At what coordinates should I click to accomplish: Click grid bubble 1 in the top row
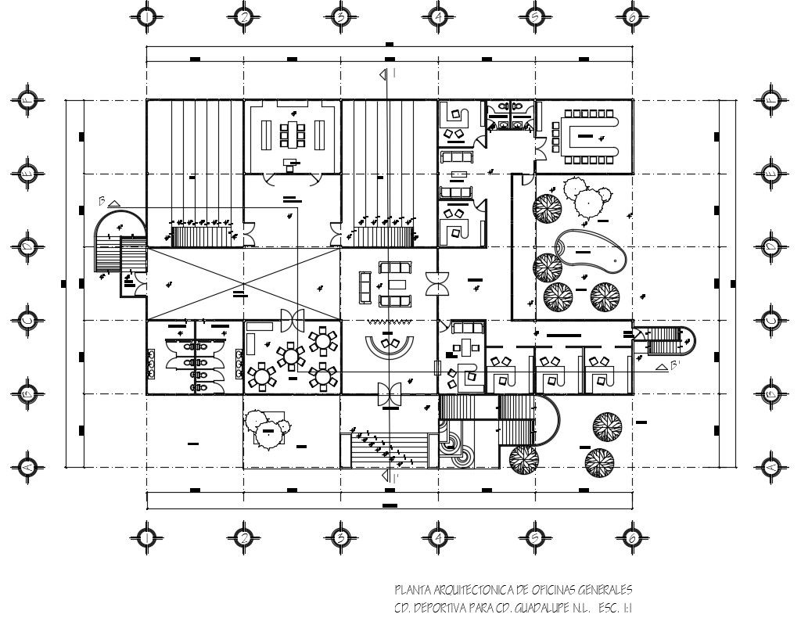tap(146, 16)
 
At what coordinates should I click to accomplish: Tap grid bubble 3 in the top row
tap(340, 16)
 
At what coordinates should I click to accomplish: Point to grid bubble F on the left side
tap(28, 101)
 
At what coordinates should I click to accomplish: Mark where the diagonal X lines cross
tap(244, 283)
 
